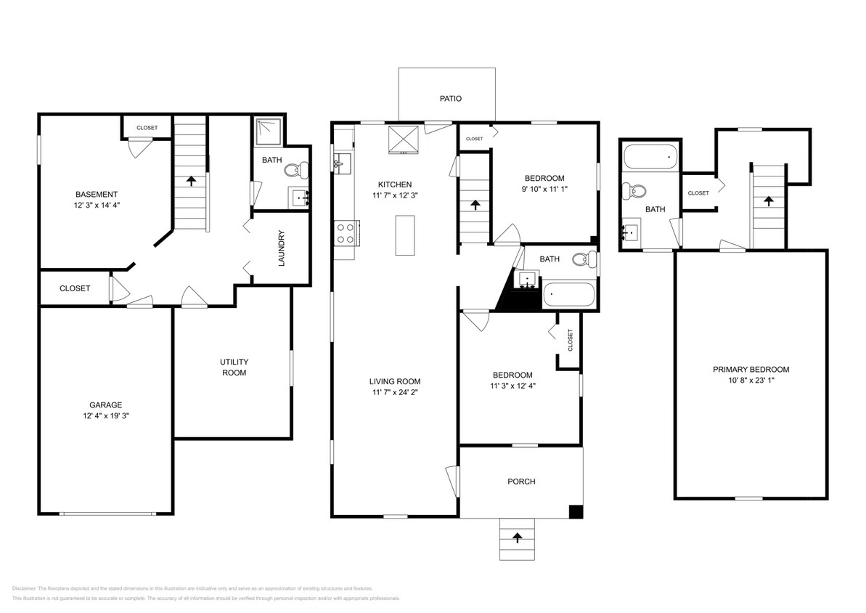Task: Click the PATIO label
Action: [450, 99]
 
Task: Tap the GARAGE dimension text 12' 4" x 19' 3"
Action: [106, 416]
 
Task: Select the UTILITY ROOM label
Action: [234, 367]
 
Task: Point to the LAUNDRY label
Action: [281, 248]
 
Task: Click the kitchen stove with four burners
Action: [345, 233]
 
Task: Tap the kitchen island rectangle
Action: [405, 235]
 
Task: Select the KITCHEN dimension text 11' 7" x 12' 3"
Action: [394, 195]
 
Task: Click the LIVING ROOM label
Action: [394, 381]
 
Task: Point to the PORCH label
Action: [521, 482]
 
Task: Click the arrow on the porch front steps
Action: [517, 538]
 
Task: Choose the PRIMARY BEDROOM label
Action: [751, 369]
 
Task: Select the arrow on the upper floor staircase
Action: [768, 201]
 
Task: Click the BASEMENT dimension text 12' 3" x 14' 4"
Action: [97, 206]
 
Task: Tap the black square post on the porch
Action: [575, 511]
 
